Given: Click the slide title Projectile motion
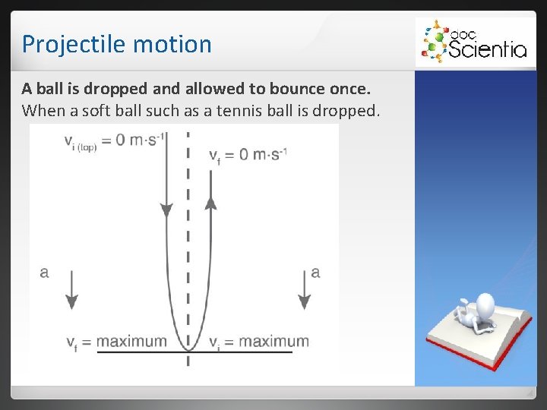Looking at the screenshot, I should (x=116, y=44).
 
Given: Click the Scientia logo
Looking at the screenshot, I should (x=472, y=42).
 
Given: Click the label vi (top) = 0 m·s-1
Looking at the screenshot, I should (x=115, y=141).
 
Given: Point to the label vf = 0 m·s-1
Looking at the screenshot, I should (x=248, y=154).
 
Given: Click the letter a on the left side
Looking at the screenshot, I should (x=44, y=272).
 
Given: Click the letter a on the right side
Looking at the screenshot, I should (x=315, y=272).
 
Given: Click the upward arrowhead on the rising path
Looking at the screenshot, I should (x=211, y=200).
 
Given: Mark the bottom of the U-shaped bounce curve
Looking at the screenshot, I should (x=188, y=348).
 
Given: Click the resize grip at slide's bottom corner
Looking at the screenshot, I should (x=529, y=393).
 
